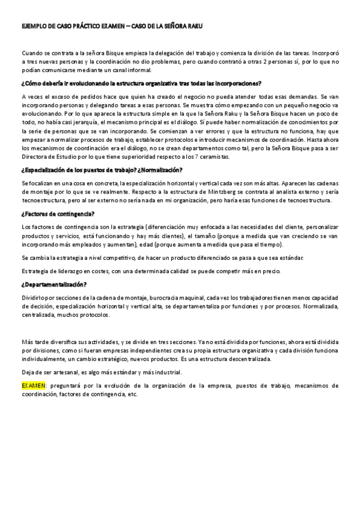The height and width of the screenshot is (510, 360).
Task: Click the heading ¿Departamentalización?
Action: point(53,284)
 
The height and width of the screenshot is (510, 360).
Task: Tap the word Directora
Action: point(37,156)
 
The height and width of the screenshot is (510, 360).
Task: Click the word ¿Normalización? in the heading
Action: point(163,170)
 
